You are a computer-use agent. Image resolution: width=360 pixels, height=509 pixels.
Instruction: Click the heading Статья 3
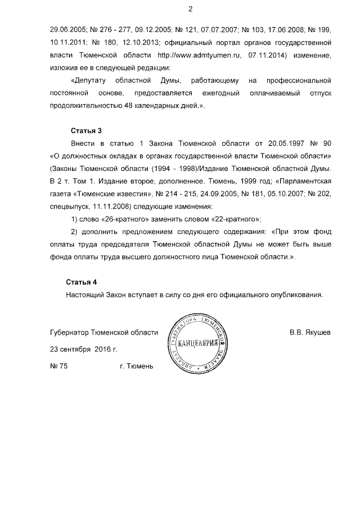[82, 130]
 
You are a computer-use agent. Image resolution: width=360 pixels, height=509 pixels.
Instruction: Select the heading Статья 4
[82, 282]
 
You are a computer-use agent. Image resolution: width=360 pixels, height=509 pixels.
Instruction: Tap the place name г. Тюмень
[136, 367]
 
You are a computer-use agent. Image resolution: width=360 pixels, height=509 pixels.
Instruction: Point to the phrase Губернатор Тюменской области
[104, 333]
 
